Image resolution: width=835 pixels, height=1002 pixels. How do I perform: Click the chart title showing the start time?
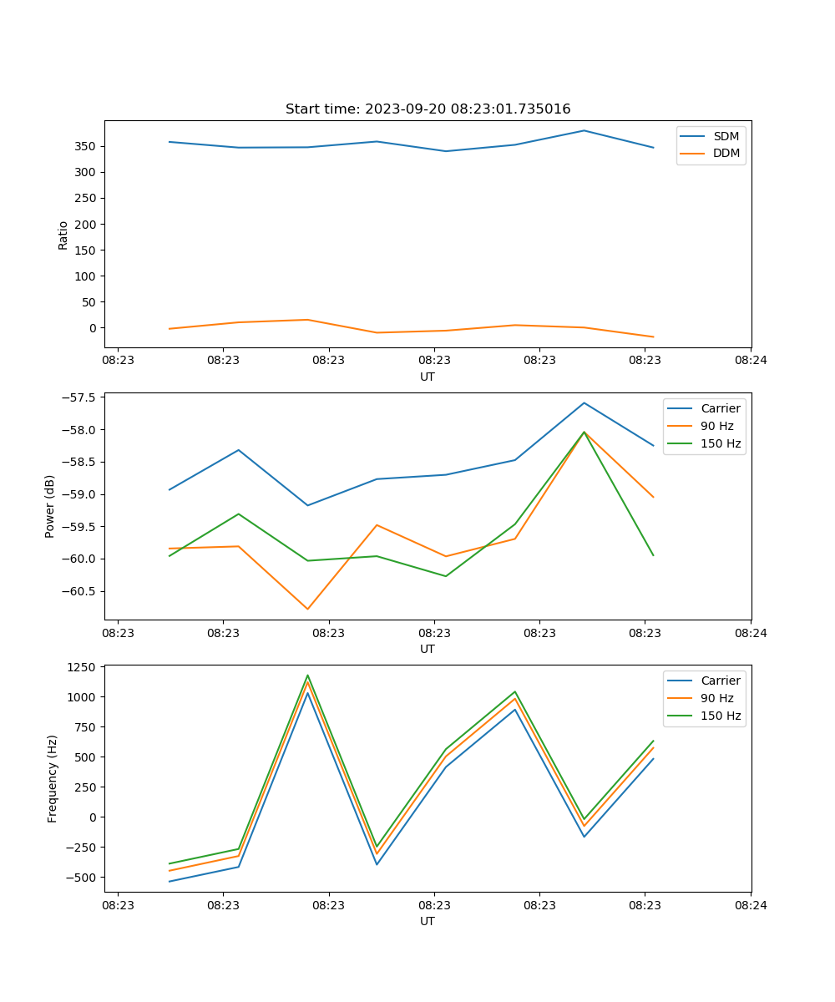pos(428,109)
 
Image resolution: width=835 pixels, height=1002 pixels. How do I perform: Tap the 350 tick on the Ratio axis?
pos(86,146)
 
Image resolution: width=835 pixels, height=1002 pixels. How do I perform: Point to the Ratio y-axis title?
pos(63,235)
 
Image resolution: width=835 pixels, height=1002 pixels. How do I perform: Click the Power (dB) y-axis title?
pos(51,506)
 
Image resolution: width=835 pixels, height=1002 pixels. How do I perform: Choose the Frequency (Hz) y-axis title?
pos(53,779)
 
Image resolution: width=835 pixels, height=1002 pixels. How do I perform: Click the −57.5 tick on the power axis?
pos(81,397)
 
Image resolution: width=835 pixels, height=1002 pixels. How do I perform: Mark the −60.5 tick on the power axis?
pos(81,591)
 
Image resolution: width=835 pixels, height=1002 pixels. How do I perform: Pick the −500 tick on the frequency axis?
pos(81,878)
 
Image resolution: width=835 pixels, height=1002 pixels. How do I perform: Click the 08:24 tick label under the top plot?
pos(750,361)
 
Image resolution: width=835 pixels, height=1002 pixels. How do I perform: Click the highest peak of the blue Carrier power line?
pos(584,402)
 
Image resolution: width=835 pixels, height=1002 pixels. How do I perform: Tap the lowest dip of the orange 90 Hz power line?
pos(307,609)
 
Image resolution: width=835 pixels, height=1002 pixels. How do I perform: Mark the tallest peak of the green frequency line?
pos(307,676)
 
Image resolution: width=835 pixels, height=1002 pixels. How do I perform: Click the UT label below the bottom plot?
pos(427,921)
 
